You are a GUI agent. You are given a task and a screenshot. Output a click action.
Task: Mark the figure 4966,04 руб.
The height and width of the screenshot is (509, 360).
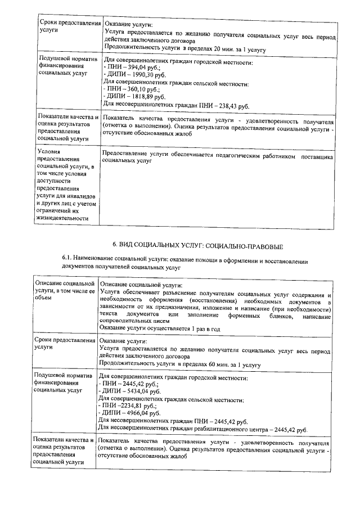pyautogui.click(x=141, y=412)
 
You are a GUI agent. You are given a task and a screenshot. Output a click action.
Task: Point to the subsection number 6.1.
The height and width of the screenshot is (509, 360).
pyautogui.click(x=67, y=258)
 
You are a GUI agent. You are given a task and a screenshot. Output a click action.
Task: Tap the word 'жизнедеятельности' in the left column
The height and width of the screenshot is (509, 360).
pyautogui.click(x=62, y=218)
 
